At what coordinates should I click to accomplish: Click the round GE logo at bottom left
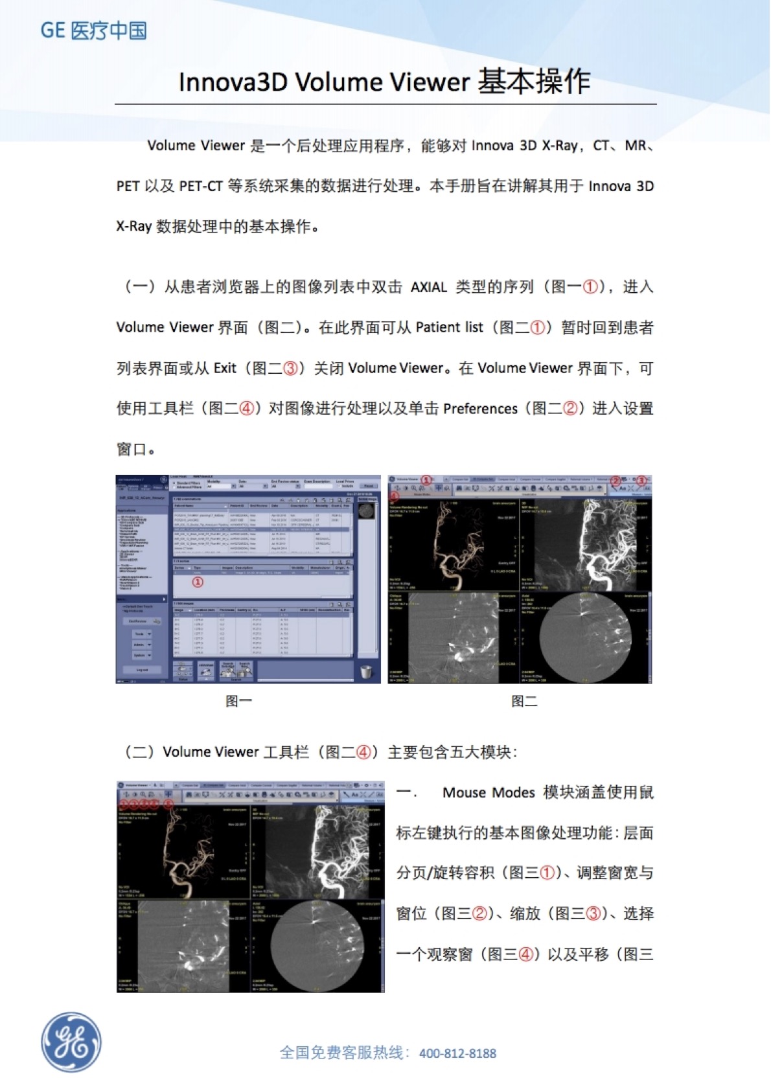coord(71,1042)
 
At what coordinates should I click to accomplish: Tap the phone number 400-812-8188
coord(457,1053)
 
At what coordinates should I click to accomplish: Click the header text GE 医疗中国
coord(94,30)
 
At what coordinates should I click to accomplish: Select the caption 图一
coord(238,701)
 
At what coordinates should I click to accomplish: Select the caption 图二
coord(524,701)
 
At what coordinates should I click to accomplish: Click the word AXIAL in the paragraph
coord(428,287)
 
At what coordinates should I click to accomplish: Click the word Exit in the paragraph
coord(225,368)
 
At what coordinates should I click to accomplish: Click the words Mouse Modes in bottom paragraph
coord(489,792)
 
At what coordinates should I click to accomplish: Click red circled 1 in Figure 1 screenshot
coord(198,582)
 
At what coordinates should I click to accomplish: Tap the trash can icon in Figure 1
coord(366,672)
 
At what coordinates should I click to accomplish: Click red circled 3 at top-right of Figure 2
coord(641,481)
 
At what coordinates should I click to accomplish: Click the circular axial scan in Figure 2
coord(584,637)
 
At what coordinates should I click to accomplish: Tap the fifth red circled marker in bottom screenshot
coord(168,804)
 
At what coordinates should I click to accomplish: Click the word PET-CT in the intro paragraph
coord(201,187)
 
